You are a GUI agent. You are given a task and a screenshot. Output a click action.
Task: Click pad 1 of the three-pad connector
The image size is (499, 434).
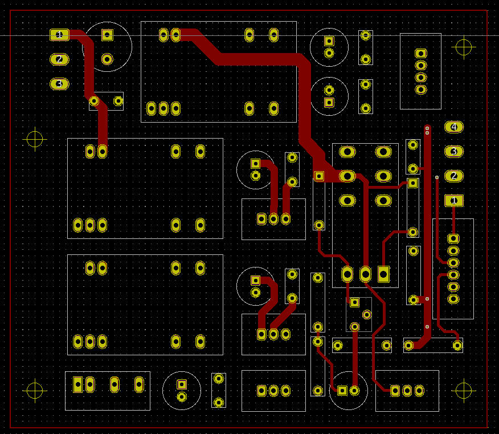[x=59, y=35]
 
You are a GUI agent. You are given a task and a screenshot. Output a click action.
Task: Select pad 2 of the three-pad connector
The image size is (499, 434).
[x=59, y=59]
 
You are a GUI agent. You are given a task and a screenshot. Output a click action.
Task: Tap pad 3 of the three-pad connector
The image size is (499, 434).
[x=59, y=84]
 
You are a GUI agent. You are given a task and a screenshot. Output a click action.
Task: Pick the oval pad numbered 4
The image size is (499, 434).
[x=453, y=127]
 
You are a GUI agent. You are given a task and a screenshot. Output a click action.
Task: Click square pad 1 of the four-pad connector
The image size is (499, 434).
[x=453, y=201]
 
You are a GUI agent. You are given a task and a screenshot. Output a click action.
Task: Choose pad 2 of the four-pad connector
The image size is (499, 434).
[x=453, y=176]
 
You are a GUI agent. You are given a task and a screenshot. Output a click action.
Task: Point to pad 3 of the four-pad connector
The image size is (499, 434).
[x=453, y=152]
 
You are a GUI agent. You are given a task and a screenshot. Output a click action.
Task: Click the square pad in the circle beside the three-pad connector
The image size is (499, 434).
[x=107, y=35]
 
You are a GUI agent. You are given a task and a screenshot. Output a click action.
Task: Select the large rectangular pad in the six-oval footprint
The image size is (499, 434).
[x=383, y=274]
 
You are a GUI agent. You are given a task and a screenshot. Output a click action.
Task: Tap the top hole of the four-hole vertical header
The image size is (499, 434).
[x=420, y=54]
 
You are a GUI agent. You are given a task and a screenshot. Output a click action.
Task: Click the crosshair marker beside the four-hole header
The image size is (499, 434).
[x=464, y=47]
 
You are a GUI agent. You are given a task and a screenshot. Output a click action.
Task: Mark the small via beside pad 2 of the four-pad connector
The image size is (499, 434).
[x=437, y=177]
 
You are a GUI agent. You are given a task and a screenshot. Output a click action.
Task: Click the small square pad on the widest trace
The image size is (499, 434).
[x=319, y=176]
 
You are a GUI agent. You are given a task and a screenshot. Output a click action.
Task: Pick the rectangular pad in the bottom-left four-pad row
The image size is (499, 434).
[x=78, y=385]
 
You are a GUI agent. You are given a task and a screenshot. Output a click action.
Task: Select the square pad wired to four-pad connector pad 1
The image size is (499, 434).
[x=453, y=238]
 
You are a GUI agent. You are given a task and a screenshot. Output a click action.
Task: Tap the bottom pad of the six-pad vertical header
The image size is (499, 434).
[x=453, y=299]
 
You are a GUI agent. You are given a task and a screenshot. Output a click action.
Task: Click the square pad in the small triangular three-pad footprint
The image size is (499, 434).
[x=354, y=302]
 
